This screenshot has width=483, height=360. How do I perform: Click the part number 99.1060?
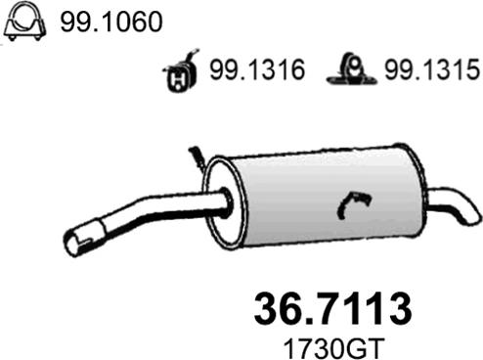pyautogui.click(x=111, y=22)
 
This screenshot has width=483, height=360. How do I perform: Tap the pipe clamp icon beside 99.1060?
pyautogui.click(x=25, y=22)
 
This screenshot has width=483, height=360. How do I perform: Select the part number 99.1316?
pyautogui.click(x=257, y=69)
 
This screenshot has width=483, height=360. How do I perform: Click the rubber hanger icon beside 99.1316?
pyautogui.click(x=180, y=71)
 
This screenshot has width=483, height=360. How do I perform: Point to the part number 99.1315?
pyautogui.click(x=432, y=69)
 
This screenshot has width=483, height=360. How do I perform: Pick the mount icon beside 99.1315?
pyautogui.click(x=352, y=69)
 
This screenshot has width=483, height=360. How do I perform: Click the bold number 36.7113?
pyautogui.click(x=332, y=308)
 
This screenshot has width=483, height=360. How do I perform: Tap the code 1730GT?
pyautogui.click(x=334, y=348)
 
